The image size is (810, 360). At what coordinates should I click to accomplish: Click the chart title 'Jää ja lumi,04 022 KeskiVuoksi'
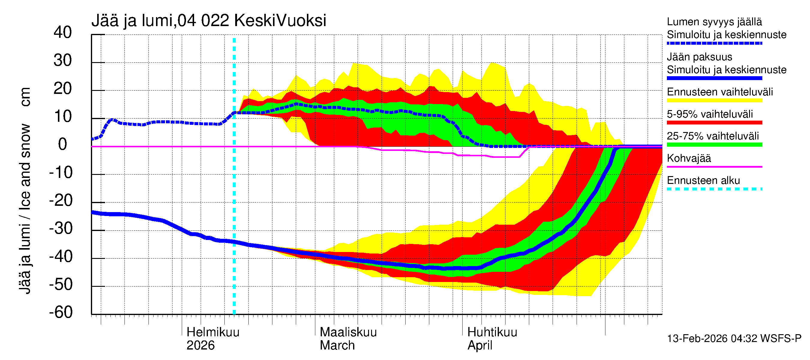coord(208,21)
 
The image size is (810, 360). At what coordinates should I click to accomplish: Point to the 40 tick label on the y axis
coord(63,32)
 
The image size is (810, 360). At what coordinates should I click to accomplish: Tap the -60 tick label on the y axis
coord(61,312)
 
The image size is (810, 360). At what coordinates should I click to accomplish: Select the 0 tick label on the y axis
coord(63,144)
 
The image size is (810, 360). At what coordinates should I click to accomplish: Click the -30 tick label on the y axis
coord(61,228)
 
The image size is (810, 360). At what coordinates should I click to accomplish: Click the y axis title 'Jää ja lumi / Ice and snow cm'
coord(25,190)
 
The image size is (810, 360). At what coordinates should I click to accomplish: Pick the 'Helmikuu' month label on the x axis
coord(213,332)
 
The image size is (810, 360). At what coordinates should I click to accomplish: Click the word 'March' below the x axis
coord(337,346)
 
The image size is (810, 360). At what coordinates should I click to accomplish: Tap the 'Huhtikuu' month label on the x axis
coord(492,332)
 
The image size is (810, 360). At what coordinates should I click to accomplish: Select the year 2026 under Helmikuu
coord(200,346)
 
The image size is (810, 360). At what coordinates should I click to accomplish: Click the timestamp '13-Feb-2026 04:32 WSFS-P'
coord(734,339)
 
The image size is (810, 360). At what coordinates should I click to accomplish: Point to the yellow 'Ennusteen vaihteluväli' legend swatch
coord(714,100)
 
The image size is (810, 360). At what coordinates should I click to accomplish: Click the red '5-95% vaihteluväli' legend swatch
coord(714,123)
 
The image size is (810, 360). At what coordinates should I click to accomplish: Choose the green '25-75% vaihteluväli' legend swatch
coord(714,145)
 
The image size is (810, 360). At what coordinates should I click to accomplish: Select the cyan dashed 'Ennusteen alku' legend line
coord(714,189)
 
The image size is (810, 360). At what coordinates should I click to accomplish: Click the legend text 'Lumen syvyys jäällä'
coord(714,22)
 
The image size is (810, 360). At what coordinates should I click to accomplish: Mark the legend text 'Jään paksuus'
coord(699,57)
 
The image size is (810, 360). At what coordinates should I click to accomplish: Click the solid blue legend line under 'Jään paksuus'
coord(714,78)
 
